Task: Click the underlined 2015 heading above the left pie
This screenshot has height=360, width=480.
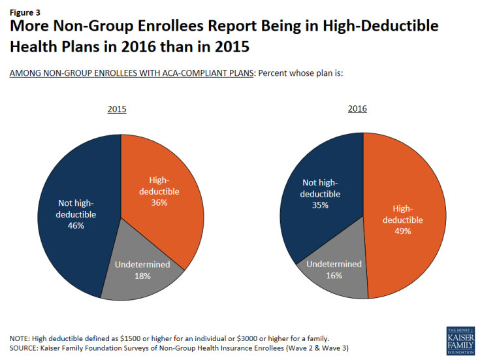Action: [x=117, y=108]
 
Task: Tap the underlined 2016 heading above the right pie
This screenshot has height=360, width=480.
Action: [x=357, y=108]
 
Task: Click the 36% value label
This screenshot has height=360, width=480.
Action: [x=159, y=203]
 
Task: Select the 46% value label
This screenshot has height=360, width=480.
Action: [x=76, y=225]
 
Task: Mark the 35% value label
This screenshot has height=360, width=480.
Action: [x=321, y=205]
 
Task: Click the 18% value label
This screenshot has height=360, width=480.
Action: [x=142, y=276]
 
